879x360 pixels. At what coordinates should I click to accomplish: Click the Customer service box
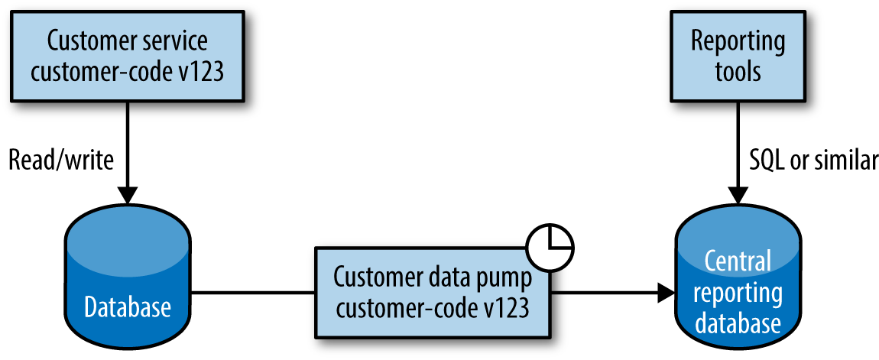coord(128,56)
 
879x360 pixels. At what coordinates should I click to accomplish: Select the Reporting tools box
coord(738,56)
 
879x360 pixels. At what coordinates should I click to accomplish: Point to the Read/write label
coord(60,160)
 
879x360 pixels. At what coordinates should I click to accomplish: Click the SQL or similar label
coord(812,160)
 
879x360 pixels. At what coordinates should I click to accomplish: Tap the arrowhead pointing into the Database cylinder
coord(128,195)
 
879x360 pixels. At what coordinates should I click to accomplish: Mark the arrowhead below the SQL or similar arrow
coord(738,195)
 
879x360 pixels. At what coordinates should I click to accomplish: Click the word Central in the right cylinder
coord(738,261)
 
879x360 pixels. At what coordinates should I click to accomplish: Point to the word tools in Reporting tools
coord(738,71)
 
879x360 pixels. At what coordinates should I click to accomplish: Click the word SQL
coord(766,160)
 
